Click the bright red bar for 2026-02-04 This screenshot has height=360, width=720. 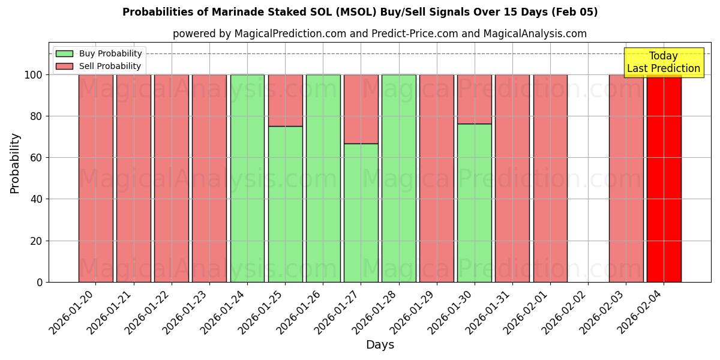pos(664,180)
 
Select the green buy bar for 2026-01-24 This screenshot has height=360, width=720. pos(247,180)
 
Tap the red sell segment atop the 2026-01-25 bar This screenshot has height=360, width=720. pos(285,100)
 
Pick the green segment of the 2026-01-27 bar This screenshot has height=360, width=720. pos(361,213)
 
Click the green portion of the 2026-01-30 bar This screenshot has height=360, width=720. pos(474,204)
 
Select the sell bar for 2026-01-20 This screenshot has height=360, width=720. pos(95,180)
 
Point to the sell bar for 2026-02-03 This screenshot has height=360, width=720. pos(626,180)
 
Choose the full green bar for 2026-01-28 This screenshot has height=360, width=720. pos(398,180)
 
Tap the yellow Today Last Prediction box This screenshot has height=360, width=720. pos(663,62)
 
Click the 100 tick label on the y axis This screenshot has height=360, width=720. pos(34,75)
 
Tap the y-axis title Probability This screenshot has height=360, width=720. pos(15,163)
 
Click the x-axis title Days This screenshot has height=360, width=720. pos(380,345)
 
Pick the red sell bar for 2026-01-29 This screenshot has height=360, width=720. pos(436,180)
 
